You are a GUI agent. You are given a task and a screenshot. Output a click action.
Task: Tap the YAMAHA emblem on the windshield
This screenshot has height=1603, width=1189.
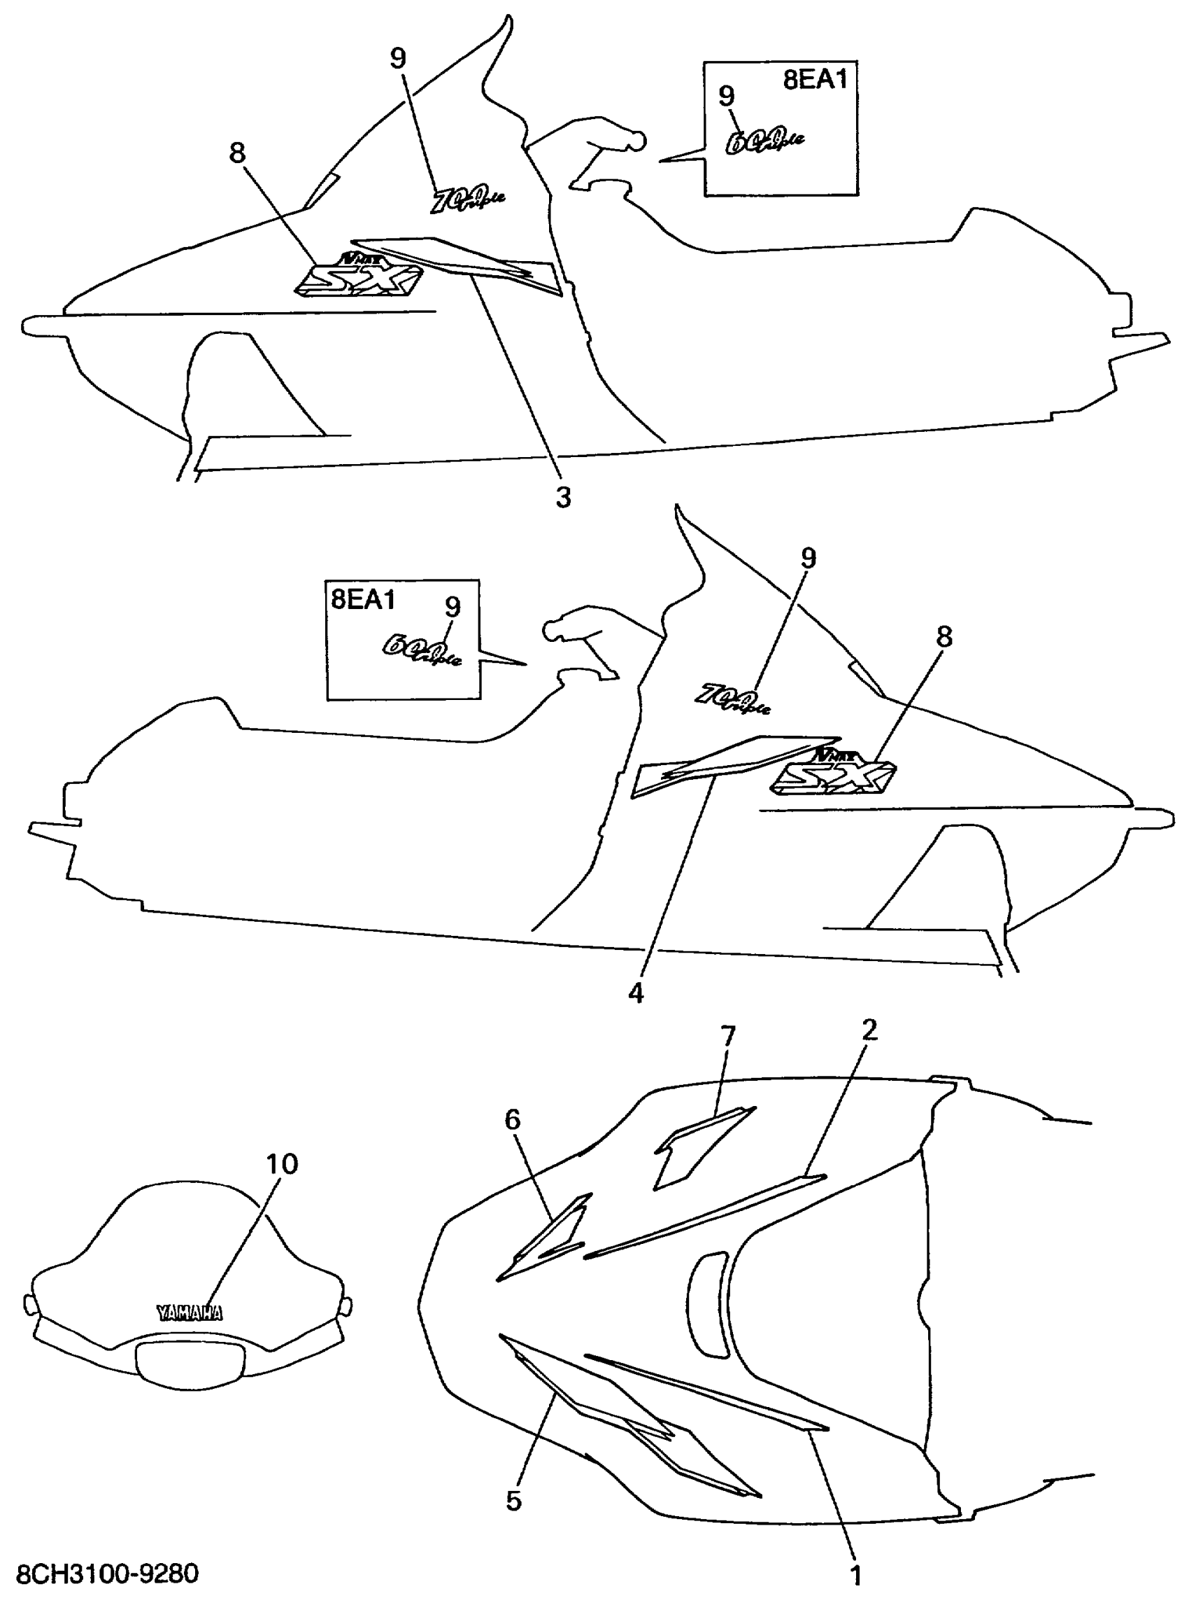click(x=190, y=1312)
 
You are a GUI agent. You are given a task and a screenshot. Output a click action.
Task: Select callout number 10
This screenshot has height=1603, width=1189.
click(x=281, y=1163)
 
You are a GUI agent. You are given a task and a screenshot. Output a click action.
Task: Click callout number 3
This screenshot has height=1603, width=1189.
click(x=563, y=497)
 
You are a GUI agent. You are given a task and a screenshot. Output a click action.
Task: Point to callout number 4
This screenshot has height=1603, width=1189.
click(x=636, y=994)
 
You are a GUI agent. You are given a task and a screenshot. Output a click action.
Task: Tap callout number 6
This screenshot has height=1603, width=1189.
click(x=513, y=1119)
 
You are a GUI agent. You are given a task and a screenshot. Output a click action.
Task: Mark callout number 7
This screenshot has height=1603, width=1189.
click(x=727, y=1035)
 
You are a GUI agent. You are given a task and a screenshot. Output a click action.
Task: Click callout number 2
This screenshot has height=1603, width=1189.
click(x=869, y=1030)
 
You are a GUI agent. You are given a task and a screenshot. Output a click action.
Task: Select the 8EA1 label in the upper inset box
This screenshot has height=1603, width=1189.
click(x=816, y=80)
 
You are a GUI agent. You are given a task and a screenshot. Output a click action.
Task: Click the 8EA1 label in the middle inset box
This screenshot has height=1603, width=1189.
click(x=363, y=599)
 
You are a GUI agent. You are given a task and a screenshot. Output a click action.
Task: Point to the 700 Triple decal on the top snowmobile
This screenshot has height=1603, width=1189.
click(x=467, y=198)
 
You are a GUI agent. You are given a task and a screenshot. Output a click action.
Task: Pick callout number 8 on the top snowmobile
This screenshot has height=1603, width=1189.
click(x=237, y=153)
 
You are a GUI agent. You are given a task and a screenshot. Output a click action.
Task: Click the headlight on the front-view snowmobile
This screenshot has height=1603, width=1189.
click(x=190, y=1359)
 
